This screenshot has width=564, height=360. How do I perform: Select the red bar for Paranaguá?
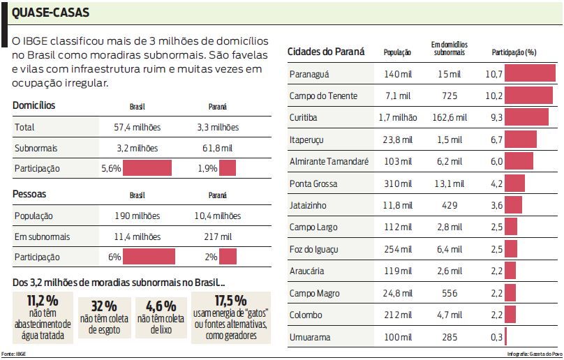[x=530, y=74]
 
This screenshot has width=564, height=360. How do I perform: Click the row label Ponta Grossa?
[x=313, y=183]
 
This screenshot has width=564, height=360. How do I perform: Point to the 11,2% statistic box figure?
[x=43, y=301]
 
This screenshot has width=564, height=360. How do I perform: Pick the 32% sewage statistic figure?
[x=103, y=306]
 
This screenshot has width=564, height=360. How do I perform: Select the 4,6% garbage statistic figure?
[x=161, y=306]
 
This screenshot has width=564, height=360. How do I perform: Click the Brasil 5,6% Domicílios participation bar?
[x=147, y=168]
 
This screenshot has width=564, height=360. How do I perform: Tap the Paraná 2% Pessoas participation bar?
[x=228, y=256]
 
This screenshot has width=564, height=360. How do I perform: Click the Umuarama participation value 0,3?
[x=496, y=337]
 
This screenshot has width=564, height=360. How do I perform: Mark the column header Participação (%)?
[x=514, y=52]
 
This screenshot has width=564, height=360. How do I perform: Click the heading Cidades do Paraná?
[x=326, y=52]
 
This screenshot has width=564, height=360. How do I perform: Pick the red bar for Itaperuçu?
[x=521, y=140]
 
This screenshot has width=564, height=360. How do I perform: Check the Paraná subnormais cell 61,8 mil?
[x=217, y=148]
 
